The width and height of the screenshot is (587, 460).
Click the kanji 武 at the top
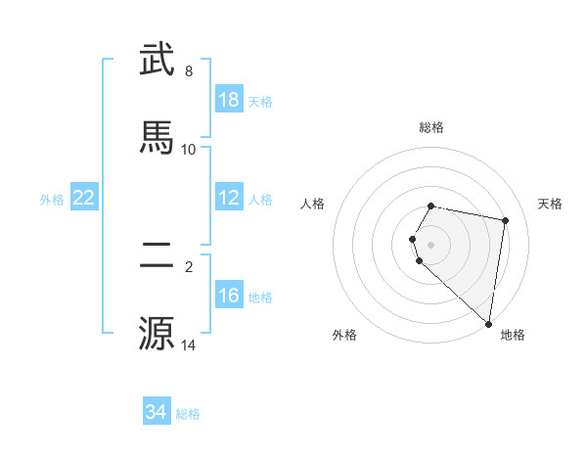coord(158,60)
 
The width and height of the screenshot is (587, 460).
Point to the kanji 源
coord(158,333)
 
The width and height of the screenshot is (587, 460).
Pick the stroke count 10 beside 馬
coord(189,149)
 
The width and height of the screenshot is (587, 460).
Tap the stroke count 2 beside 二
coord(189,266)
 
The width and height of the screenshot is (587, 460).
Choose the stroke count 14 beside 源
coord(189,345)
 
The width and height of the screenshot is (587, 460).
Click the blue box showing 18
coord(229,100)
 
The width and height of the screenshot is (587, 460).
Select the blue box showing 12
coord(229,198)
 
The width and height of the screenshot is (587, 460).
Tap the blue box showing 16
coord(229,296)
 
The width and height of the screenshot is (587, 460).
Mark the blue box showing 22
coord(84,198)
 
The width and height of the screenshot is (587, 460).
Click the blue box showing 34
coord(156,412)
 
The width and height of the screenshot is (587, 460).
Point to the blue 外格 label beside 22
coord(52,199)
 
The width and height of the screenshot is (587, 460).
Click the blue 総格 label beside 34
coord(188,414)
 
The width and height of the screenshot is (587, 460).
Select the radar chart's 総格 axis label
coord(431,127)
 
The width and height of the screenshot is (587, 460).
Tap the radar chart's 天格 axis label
coord(550,204)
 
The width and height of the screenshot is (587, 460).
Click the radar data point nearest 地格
coord(488,323)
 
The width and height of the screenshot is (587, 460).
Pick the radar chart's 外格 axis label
coord(344,335)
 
